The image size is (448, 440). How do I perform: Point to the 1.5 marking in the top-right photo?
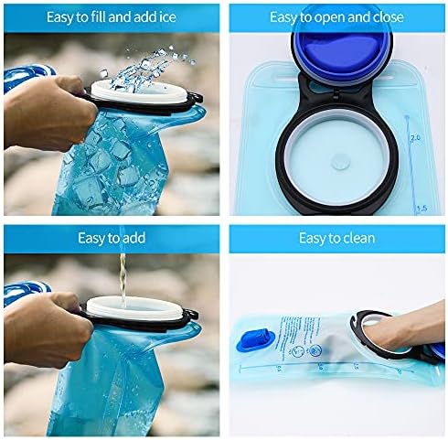click(422, 209)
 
